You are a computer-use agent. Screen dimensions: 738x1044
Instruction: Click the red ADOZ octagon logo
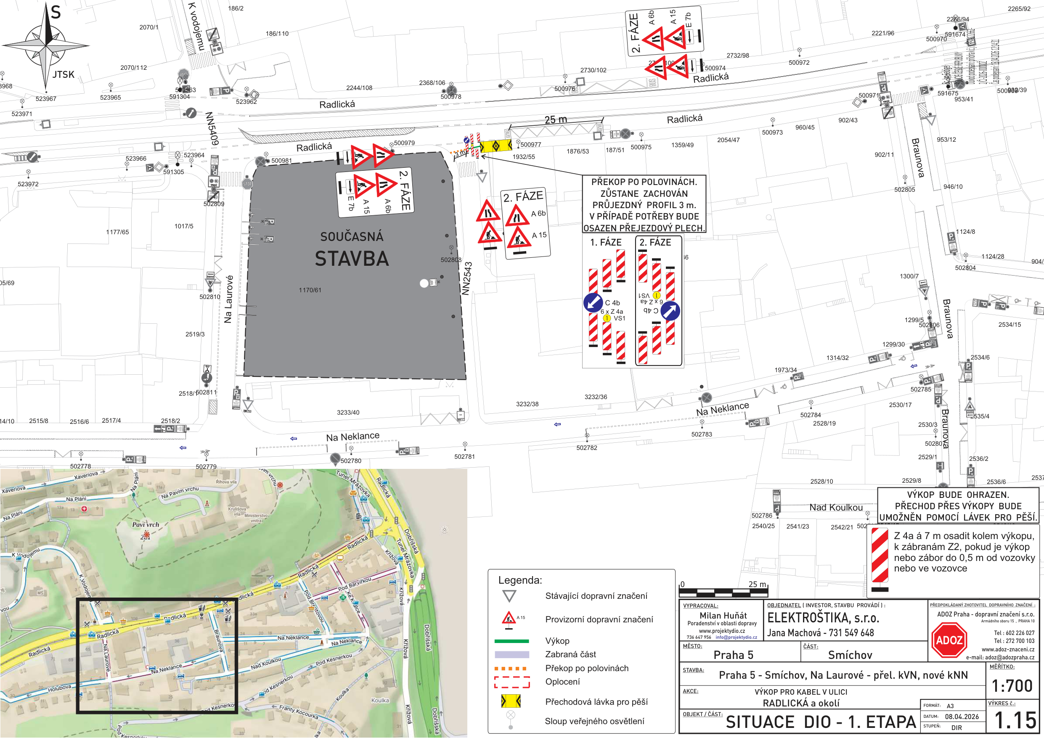(949, 640)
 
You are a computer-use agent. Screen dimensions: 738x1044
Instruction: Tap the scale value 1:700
(1012, 685)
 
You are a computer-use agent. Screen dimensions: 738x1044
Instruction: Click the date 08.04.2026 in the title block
(962, 717)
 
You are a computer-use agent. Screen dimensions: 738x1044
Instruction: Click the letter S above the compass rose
(56, 12)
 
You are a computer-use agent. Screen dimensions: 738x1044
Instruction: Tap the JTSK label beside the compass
(63, 74)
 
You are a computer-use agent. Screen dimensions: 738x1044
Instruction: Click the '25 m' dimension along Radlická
(556, 119)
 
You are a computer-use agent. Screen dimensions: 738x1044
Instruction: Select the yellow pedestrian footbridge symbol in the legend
(511, 701)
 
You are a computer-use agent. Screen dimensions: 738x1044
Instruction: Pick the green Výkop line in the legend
(511, 641)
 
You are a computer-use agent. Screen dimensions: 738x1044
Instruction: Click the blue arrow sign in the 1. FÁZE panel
(593, 302)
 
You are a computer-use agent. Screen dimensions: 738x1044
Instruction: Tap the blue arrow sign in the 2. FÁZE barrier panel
(670, 311)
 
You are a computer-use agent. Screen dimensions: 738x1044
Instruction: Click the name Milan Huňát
(723, 615)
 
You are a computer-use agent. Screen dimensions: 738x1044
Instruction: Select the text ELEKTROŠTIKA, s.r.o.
(823, 617)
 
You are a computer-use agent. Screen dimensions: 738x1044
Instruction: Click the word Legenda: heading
(520, 580)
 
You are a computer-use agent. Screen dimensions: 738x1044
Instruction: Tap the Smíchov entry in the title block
(850, 655)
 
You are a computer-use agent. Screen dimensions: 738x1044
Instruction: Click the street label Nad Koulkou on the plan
(836, 508)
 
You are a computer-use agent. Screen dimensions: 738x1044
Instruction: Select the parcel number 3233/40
(348, 413)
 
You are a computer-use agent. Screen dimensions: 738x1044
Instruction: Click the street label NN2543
(467, 279)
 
